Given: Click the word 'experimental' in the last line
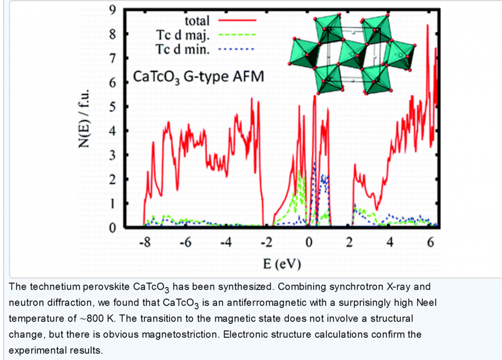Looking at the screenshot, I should [35, 351].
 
